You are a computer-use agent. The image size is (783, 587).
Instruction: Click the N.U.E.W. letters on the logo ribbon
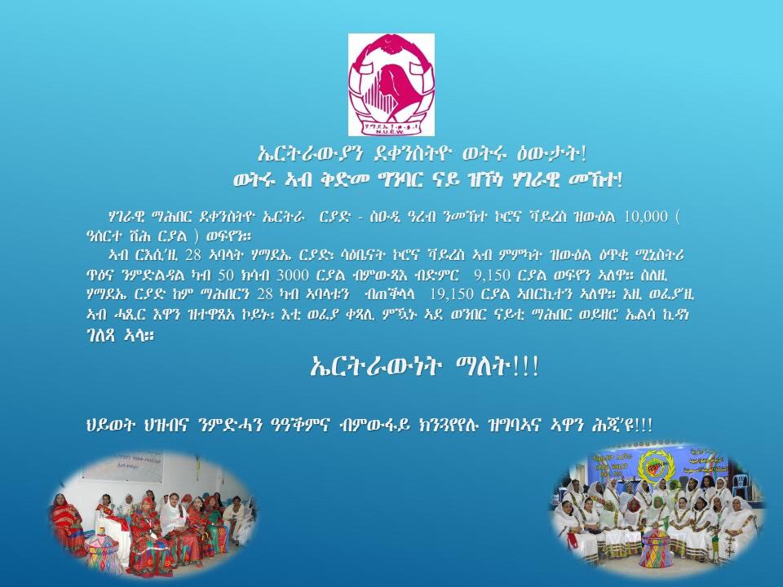point(391,133)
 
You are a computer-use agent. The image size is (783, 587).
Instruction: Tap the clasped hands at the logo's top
point(391,44)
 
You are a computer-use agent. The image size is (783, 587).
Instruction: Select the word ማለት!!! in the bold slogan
point(498,367)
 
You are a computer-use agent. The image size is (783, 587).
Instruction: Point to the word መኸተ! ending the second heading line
point(596,179)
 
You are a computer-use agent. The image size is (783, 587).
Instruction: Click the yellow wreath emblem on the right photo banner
point(654,466)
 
